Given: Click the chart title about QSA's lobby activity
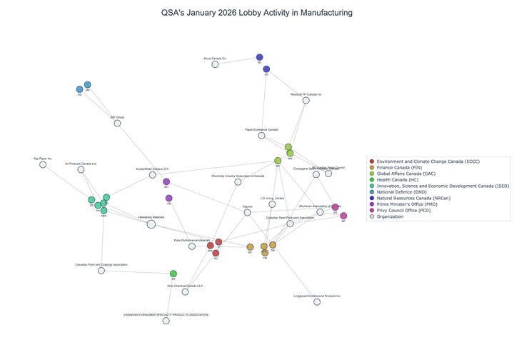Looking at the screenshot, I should [257, 13].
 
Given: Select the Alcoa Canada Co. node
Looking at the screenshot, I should [215, 64].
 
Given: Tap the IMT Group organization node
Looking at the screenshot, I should [117, 123].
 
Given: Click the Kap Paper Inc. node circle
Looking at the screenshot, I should [43, 164].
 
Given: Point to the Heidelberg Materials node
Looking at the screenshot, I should [151, 224].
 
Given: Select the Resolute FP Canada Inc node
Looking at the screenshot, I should [306, 100].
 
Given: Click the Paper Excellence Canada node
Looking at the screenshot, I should [262, 136].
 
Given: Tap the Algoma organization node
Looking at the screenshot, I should [248, 212].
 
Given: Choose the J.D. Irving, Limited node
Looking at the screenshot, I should [272, 204].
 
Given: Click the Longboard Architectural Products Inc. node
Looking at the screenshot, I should [317, 301].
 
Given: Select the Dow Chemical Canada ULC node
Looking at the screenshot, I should [186, 291].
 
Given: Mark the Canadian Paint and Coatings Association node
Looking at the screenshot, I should [101, 270].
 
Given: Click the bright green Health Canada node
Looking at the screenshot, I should [173, 274].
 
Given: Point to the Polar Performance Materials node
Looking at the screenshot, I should [192, 246].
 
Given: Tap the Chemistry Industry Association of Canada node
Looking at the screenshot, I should [238, 181].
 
